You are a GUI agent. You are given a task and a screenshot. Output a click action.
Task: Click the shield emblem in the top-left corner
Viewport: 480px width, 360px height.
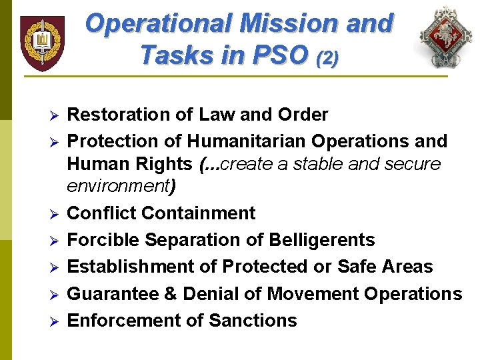coord(42,43)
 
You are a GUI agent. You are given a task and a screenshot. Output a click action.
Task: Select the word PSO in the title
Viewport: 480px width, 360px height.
coord(278,55)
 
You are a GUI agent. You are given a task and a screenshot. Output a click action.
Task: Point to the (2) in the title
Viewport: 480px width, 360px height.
coord(327,58)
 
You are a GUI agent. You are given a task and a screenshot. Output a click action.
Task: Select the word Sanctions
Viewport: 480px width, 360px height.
coord(253,320)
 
